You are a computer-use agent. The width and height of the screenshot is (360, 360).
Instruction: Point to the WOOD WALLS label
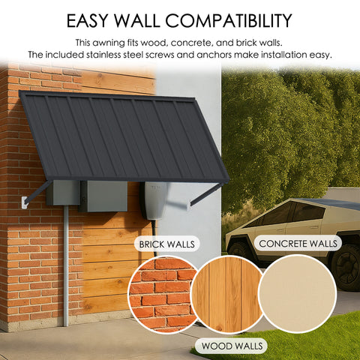pyautogui.click(x=231, y=345)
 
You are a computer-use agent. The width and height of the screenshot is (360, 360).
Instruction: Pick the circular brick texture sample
pyautogui.click(x=161, y=295)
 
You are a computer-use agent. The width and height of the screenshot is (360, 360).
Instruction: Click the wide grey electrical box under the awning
pyautogui.click(x=103, y=196)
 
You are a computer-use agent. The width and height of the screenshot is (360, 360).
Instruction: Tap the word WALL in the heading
pyautogui.click(x=146, y=19)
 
